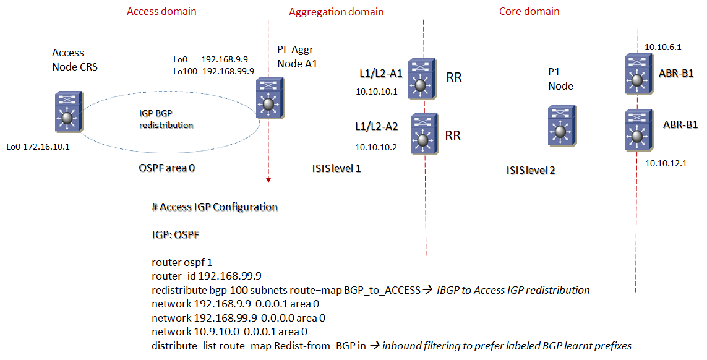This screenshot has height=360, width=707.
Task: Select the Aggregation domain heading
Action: pos(336,12)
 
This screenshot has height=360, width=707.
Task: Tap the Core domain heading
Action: pos(529,11)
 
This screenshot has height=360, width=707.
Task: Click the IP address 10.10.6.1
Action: pos(662,46)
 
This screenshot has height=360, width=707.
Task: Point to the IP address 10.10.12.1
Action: pos(663,163)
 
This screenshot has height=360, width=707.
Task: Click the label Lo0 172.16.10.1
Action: pos(38,147)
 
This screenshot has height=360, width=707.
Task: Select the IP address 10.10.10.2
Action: pos(376,147)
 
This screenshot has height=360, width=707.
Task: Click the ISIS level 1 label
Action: pos(336,168)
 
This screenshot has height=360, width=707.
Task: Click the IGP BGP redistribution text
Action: pos(166,119)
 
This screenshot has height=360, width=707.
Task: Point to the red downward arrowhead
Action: pos(268,180)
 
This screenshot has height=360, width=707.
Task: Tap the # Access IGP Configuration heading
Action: pos(214,207)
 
